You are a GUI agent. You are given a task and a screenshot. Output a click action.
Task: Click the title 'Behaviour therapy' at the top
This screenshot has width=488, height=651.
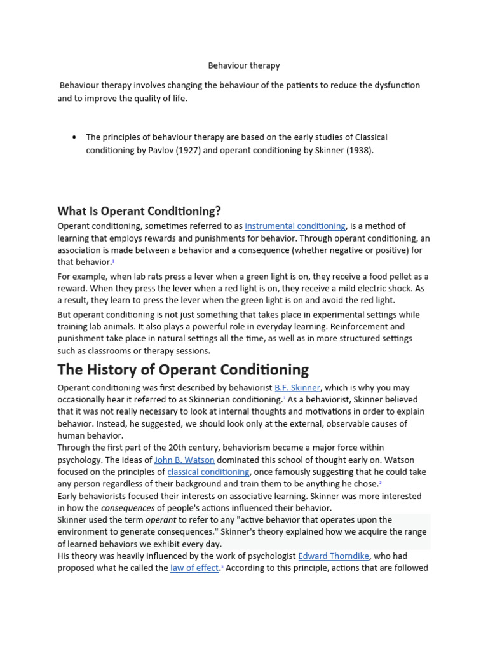244,65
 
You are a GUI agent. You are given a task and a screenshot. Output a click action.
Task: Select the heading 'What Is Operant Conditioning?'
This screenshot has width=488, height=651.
139,210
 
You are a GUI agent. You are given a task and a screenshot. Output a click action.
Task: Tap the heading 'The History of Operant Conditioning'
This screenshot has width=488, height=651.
183,369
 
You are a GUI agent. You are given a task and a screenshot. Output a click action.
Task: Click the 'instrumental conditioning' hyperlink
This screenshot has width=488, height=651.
295,226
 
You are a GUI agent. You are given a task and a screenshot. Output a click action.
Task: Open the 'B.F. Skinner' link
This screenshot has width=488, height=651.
297,387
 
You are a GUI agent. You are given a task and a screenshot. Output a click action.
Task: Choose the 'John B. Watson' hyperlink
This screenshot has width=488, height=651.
184,460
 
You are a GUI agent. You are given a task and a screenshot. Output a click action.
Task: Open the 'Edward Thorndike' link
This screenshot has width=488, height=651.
335,556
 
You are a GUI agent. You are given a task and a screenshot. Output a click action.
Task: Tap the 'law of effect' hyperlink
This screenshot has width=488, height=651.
194,568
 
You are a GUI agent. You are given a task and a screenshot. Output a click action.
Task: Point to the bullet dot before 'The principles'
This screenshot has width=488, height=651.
75,137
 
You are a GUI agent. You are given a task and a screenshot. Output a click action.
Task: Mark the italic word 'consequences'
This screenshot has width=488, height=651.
128,508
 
